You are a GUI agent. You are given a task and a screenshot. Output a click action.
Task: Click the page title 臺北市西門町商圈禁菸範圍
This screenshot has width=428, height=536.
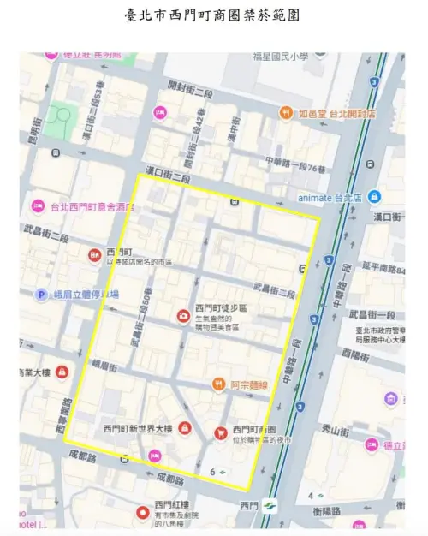pyautogui.click(x=213, y=16)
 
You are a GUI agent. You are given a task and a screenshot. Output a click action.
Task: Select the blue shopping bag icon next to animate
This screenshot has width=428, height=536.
pyautogui.click(x=375, y=196)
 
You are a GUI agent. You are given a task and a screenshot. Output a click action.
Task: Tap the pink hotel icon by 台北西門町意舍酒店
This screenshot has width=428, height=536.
pyautogui.click(x=37, y=206)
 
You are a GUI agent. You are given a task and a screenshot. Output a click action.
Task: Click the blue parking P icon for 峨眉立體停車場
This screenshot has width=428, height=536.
pyautogui.click(x=40, y=295)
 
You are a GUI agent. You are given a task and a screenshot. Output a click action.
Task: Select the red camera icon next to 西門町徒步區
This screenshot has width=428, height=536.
pyautogui.click(x=182, y=318)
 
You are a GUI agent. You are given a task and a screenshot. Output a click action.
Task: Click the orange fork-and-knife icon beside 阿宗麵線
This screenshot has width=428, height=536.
pyautogui.click(x=219, y=384)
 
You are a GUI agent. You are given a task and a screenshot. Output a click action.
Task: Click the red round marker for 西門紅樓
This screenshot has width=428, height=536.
pyautogui.click(x=143, y=513)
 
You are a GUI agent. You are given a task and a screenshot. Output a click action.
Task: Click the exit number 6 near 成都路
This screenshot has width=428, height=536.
pyautogui.click(x=211, y=471)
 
